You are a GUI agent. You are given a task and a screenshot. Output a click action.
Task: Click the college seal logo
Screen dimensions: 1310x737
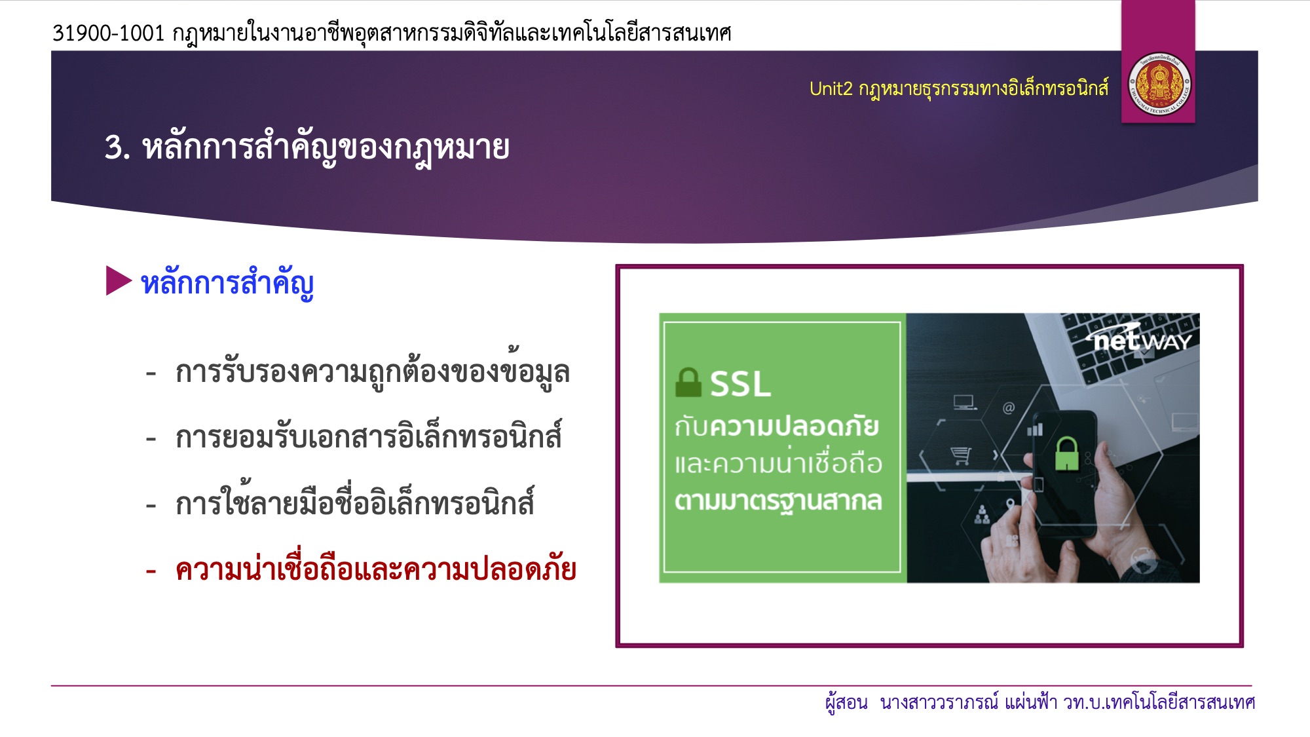[x=1159, y=86]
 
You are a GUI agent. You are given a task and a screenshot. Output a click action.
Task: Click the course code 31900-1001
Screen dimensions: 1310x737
[x=109, y=33]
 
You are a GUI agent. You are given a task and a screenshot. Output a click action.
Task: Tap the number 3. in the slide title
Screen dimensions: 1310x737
[x=117, y=147]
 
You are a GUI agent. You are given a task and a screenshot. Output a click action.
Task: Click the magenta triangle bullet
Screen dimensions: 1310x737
[x=119, y=280]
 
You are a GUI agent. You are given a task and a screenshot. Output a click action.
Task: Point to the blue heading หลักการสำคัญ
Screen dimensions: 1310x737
[x=227, y=284]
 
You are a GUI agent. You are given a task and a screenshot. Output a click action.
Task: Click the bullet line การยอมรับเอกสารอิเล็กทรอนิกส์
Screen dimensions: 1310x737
[x=368, y=436]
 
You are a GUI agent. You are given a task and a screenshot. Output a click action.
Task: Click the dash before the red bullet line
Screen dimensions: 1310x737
[x=151, y=571]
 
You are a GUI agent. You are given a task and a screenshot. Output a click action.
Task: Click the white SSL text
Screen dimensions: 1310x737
[x=740, y=384]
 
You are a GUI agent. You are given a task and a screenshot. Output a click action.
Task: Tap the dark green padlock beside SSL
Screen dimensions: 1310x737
[x=688, y=383]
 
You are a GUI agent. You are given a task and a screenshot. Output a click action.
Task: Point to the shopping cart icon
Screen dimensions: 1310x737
[x=961, y=455]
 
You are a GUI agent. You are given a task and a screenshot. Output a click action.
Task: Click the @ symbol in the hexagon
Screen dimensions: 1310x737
[x=1009, y=408]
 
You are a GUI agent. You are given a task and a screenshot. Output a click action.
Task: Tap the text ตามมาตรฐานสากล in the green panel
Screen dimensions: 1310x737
[x=778, y=501]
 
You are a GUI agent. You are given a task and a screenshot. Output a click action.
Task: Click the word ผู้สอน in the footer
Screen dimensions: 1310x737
[x=846, y=702]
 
